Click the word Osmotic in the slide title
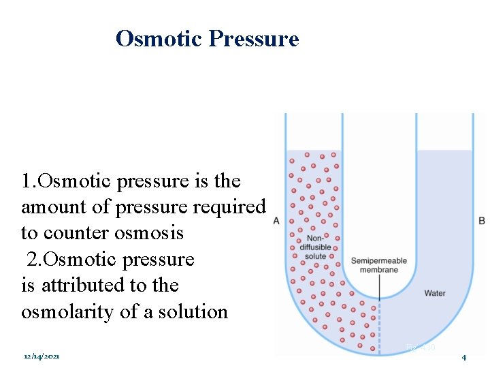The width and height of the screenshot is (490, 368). pos(159,39)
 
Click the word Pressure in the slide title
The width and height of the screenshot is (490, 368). pos(254,39)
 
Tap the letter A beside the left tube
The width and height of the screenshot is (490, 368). pos(276,220)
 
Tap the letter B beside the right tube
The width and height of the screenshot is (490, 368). pos(482,220)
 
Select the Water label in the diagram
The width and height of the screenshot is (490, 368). pos(435,293)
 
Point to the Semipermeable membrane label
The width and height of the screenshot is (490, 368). pos(379,265)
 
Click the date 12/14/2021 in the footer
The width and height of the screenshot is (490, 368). pos(42,356)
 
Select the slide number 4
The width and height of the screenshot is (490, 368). pos(463,357)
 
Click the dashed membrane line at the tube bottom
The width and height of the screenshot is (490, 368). pos(379,327)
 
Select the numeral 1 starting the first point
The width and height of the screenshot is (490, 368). pos(26,181)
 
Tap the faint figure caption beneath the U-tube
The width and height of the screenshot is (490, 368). pos(420,348)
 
